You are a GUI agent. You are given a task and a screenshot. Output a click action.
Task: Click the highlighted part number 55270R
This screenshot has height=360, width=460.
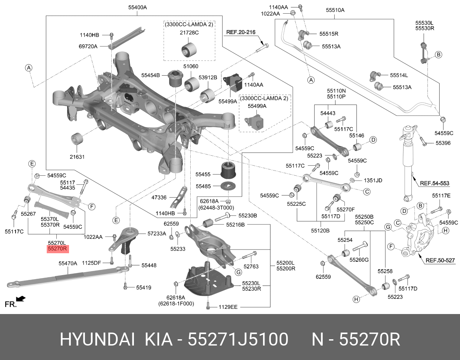(57, 249)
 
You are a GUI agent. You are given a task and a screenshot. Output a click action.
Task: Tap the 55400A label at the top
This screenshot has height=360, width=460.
(138, 7)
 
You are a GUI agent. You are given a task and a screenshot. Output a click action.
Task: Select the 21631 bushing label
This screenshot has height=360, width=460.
(77, 157)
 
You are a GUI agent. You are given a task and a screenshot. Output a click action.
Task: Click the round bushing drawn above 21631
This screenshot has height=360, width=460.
(77, 139)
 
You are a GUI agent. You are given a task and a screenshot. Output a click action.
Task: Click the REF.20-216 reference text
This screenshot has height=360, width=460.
(241, 33)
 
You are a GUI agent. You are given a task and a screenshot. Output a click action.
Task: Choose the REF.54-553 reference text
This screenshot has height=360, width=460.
(434, 183)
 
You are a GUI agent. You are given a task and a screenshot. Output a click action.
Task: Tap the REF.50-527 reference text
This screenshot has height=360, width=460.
(440, 260)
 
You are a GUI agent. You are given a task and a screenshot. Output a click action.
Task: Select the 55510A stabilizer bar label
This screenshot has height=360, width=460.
(335, 10)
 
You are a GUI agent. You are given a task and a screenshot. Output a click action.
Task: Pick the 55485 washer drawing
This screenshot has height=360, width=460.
(228, 186)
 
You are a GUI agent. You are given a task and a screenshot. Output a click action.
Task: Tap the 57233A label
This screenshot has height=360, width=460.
(157, 234)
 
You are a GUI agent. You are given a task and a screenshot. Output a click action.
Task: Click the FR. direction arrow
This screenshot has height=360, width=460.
(21, 298)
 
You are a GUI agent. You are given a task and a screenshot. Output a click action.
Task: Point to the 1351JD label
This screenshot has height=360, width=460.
(372, 181)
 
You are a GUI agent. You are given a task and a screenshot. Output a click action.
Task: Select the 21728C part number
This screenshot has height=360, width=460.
(189, 33)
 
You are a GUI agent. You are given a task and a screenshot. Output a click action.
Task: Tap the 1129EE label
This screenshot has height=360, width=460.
(228, 307)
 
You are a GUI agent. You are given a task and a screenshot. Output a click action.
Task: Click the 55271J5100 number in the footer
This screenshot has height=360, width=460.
(238, 339)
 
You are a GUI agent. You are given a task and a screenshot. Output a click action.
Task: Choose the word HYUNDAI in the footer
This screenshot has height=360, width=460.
(97, 339)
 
